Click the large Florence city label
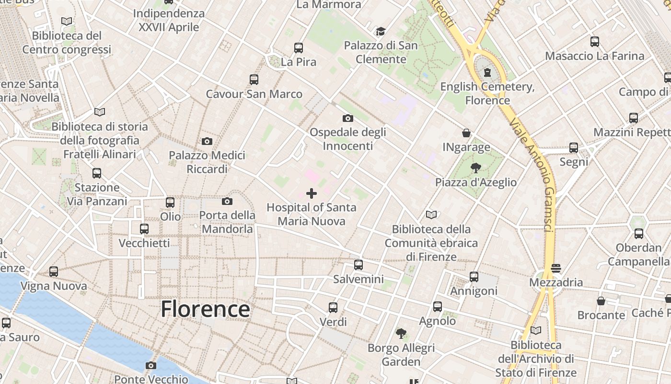click(x=205, y=309)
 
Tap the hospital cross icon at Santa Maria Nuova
click(x=312, y=193)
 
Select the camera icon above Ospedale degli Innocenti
click(x=348, y=118)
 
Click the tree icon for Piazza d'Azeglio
click(x=475, y=168)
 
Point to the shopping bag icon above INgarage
click(x=466, y=133)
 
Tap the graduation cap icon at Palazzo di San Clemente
click(x=381, y=32)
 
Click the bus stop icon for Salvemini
click(x=359, y=265)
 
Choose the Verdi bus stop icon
click(x=333, y=307)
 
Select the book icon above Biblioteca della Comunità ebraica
click(x=431, y=215)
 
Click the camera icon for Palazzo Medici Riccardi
click(x=207, y=141)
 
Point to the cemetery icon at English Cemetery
click(x=487, y=73)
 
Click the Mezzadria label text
click(x=556, y=282)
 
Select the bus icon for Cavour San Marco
click(x=254, y=80)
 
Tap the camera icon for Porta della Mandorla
click(x=227, y=201)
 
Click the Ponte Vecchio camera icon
click(x=151, y=366)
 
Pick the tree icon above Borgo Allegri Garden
click(x=401, y=333)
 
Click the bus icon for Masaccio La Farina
click(x=595, y=42)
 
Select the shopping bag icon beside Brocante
click(x=601, y=301)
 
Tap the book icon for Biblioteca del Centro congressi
click(x=67, y=22)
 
